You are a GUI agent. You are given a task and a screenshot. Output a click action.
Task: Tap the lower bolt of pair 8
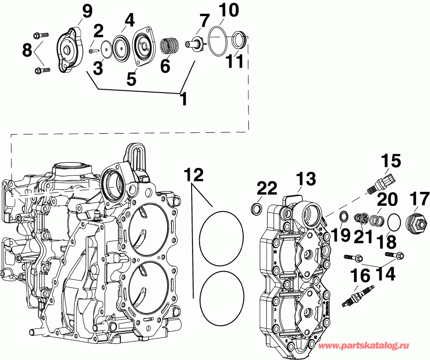coord(42,71)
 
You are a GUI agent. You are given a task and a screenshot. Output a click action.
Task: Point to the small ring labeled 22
coord(257,209)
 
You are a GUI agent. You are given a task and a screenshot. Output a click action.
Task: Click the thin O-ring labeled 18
coord(394,222)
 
